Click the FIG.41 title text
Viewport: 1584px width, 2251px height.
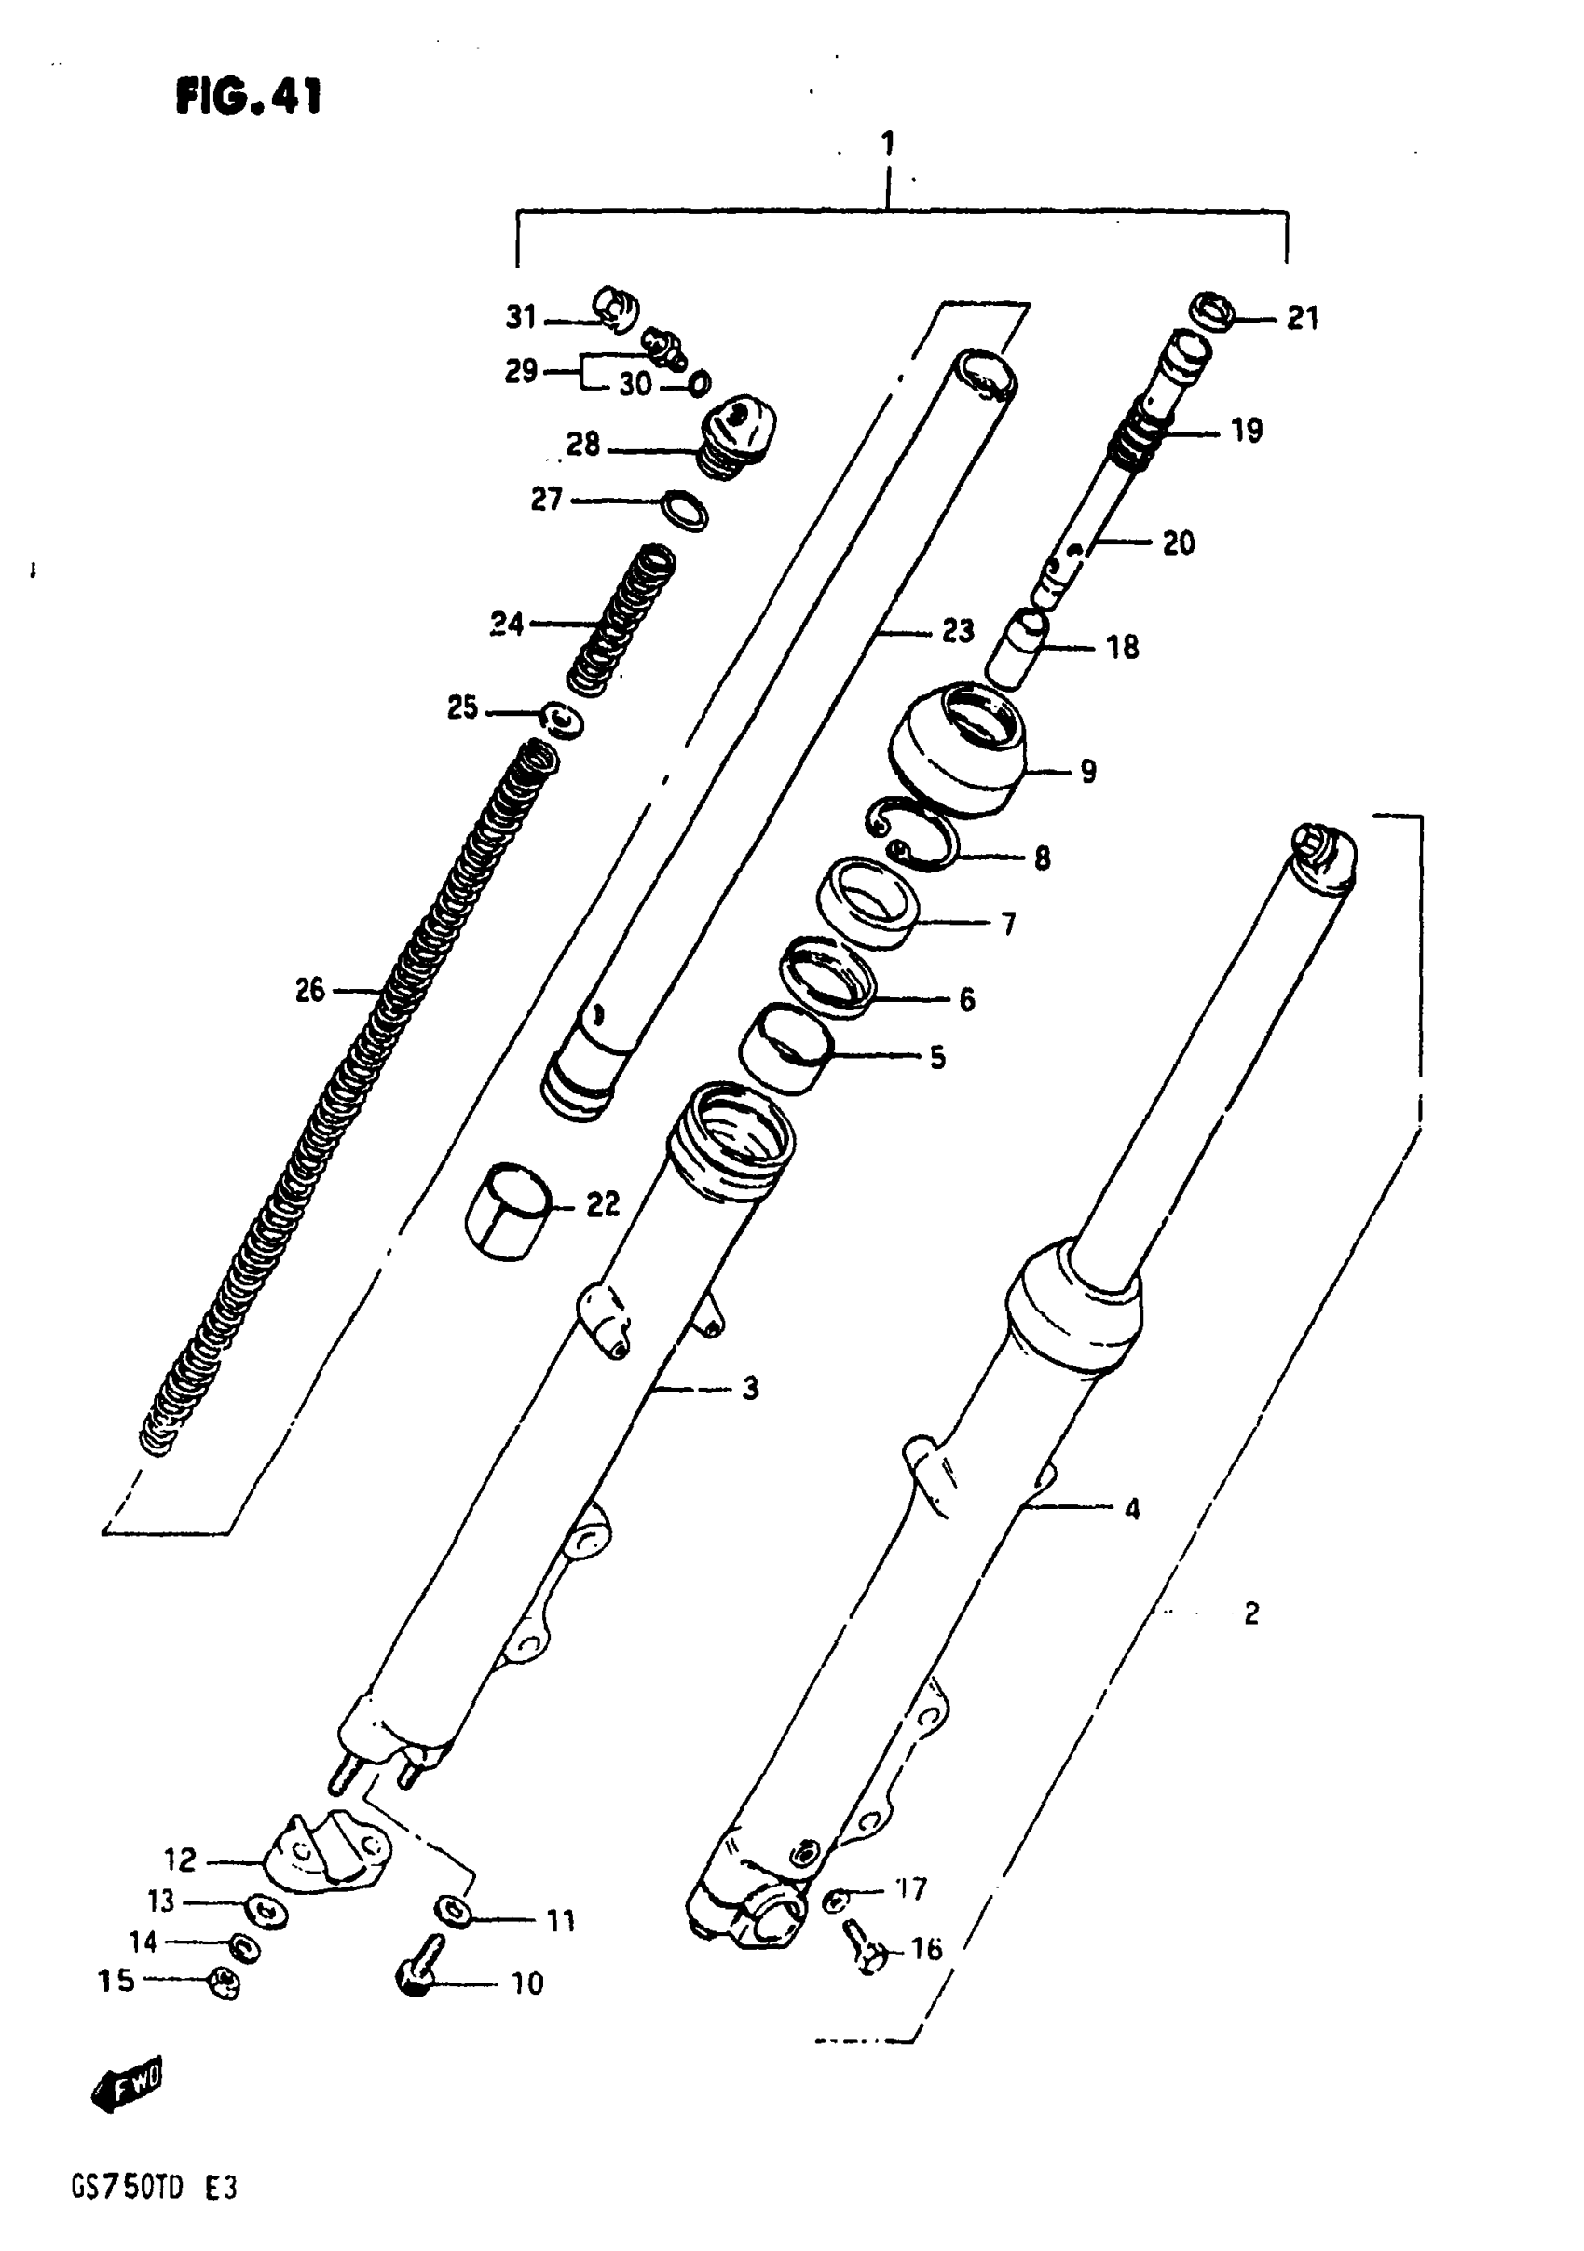(249, 97)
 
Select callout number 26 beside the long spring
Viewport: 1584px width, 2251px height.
(309, 990)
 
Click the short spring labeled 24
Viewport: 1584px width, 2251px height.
(621, 622)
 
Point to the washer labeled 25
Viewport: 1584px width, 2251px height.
(564, 720)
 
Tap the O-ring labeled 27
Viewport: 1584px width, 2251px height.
(685, 510)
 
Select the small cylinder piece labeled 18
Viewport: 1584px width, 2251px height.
(1017, 649)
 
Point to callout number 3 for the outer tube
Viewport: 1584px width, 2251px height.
(750, 1388)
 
